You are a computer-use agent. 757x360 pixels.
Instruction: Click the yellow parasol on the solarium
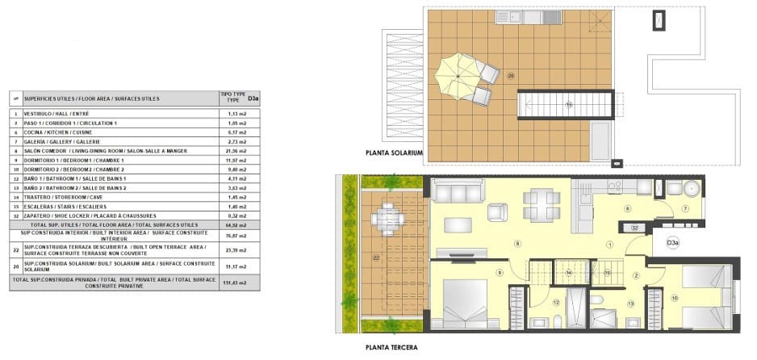pos(458,76)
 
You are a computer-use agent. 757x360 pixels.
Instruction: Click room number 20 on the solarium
pos(511,77)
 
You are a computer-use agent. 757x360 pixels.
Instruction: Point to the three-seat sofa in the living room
pos(459,190)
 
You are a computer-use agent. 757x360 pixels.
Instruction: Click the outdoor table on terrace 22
pos(389,217)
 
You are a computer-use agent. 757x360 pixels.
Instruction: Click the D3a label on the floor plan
pos(671,241)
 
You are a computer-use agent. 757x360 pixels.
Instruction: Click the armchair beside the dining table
pos(499,211)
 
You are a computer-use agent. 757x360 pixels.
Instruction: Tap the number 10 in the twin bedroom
pos(675,298)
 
